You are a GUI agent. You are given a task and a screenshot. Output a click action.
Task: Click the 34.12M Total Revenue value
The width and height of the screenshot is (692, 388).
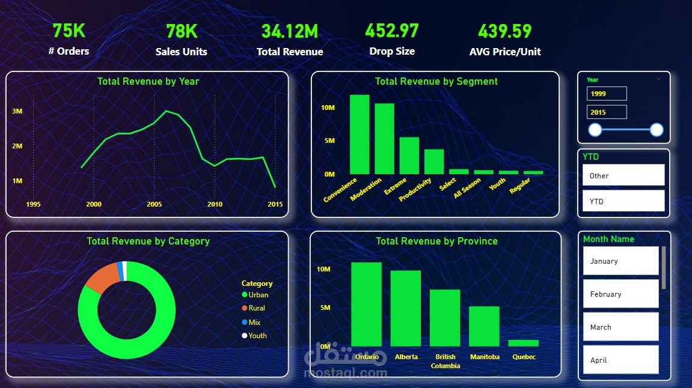(290, 31)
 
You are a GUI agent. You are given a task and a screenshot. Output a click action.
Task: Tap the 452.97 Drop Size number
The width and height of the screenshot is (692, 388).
(392, 31)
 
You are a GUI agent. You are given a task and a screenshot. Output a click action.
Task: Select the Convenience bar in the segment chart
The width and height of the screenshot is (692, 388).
(360, 135)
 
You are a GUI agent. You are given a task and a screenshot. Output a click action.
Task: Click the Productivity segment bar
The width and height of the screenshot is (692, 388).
(434, 162)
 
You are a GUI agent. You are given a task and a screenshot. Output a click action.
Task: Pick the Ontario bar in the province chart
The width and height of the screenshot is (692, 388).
(366, 305)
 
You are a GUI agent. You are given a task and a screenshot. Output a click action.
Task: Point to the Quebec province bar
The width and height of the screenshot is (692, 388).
(524, 343)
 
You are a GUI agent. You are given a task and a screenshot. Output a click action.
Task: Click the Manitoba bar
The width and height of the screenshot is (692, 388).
(484, 326)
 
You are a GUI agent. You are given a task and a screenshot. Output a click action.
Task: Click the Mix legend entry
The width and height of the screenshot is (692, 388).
(251, 323)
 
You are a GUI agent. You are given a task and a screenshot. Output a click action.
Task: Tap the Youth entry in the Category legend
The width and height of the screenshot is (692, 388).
(254, 336)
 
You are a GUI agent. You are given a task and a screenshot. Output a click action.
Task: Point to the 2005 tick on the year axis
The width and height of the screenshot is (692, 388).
(155, 204)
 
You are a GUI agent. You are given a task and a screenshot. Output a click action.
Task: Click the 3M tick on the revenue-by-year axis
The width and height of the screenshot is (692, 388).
(17, 111)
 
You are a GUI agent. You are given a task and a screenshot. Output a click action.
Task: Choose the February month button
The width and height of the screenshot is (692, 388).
(620, 294)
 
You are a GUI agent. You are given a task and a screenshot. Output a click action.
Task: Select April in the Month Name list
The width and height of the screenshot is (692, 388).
(620, 360)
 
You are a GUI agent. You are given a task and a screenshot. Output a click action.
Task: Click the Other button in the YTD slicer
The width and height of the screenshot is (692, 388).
(623, 175)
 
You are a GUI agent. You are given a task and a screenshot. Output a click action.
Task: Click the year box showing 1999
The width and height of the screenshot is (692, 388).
(607, 94)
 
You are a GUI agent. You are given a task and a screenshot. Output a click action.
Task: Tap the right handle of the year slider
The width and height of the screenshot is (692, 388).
(657, 130)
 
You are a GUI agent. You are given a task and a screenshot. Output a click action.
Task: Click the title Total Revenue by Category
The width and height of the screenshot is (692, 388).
(148, 241)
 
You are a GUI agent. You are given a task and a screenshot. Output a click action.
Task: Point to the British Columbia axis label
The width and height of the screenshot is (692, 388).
(446, 361)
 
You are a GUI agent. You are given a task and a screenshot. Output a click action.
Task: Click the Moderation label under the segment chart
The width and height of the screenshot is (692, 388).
(366, 190)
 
